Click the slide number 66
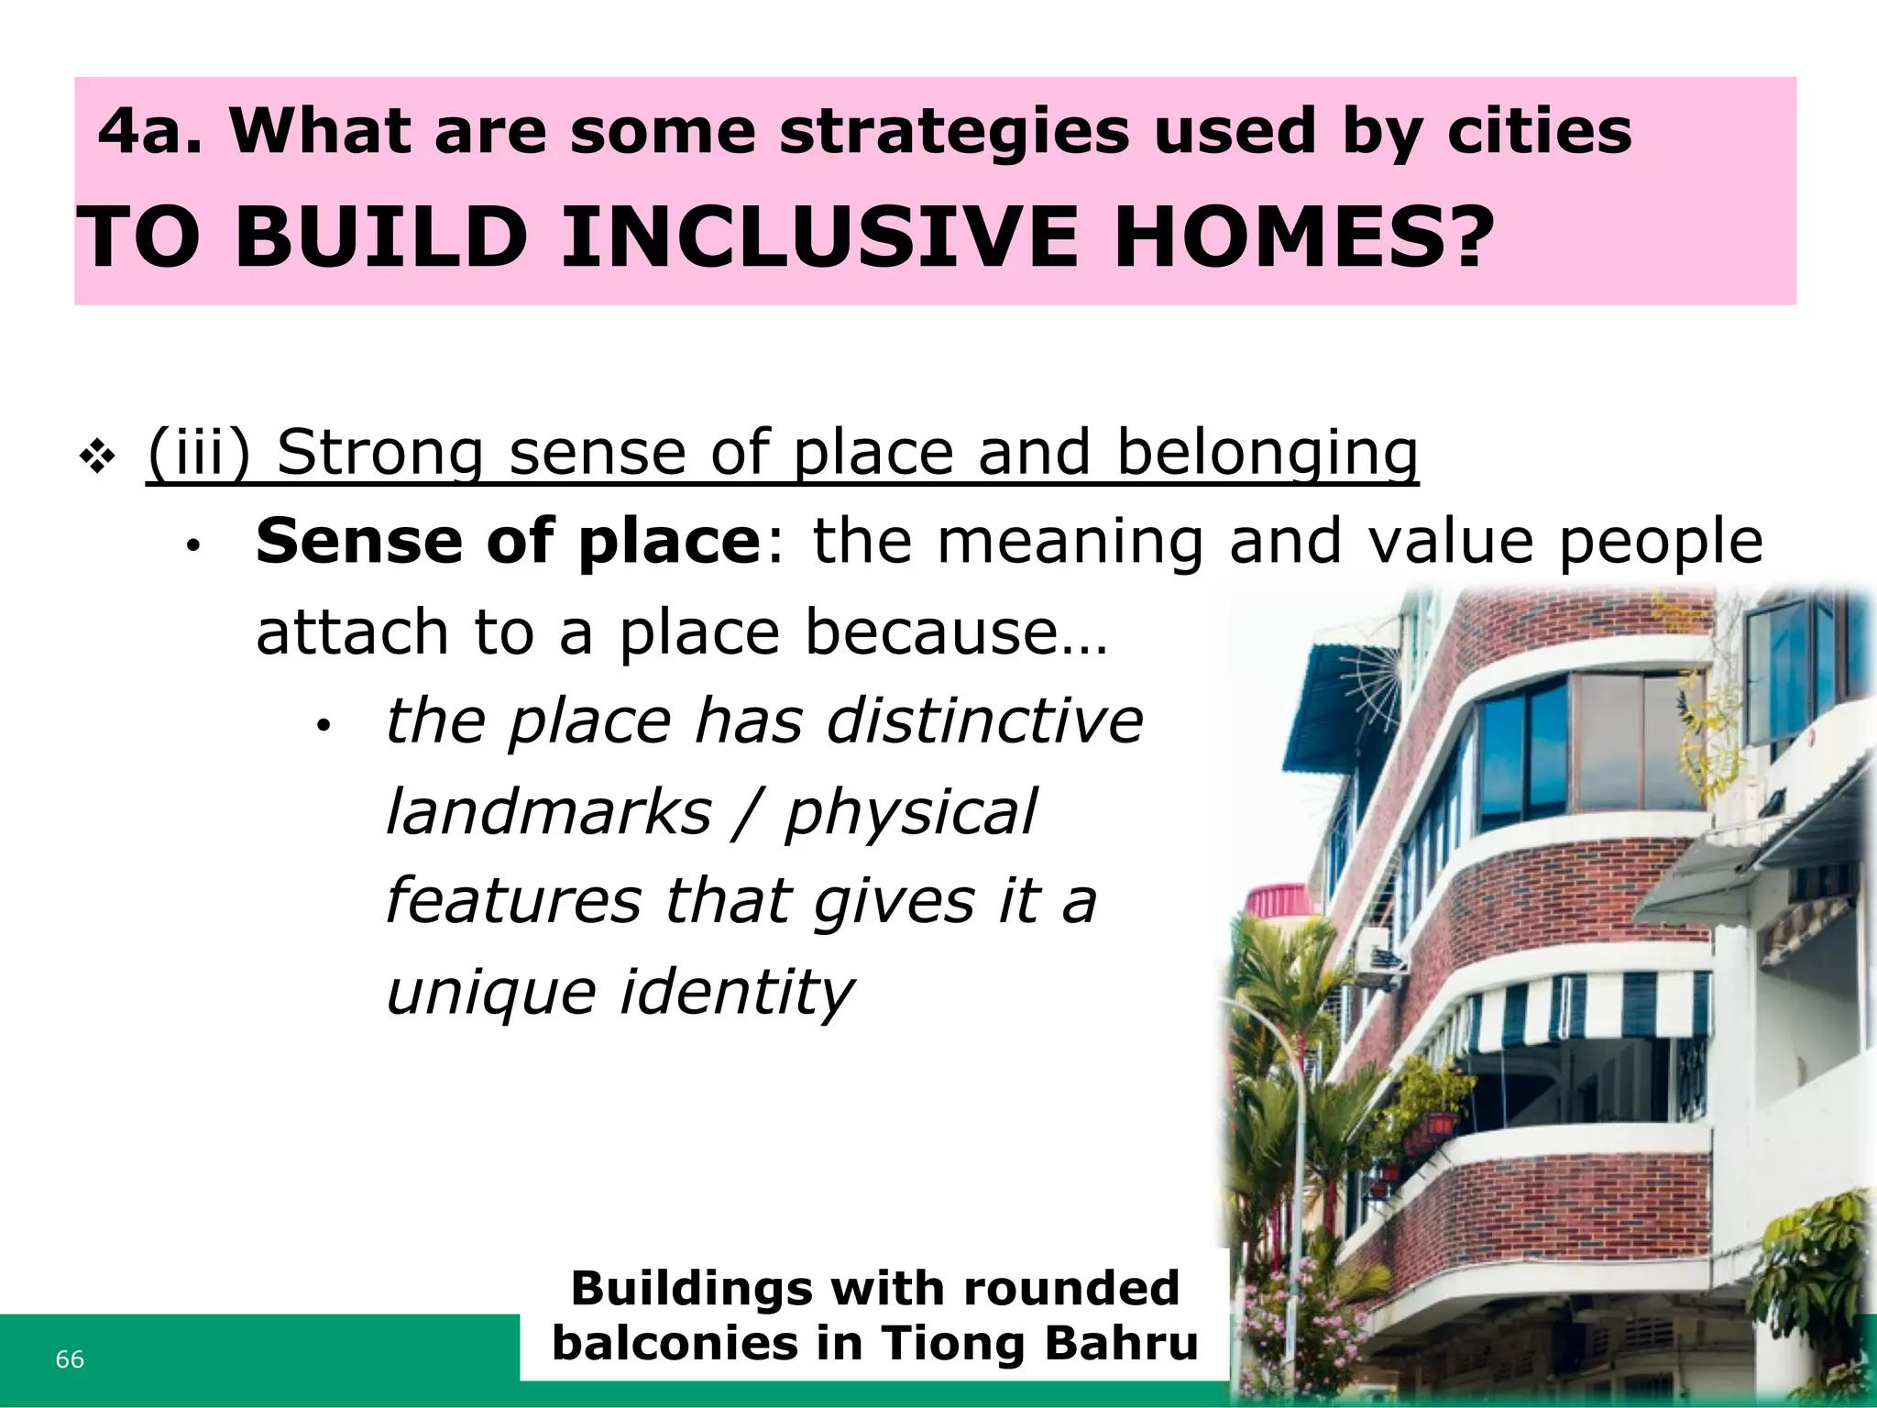tap(70, 1359)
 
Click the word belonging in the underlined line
tap(1268, 453)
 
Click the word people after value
tap(1660, 541)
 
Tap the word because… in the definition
tap(956, 632)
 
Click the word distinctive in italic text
tap(984, 720)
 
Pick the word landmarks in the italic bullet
tap(548, 812)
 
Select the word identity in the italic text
tap(737, 992)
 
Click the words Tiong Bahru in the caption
tap(1039, 1344)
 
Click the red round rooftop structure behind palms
tap(1281, 900)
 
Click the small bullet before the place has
tap(322, 727)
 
